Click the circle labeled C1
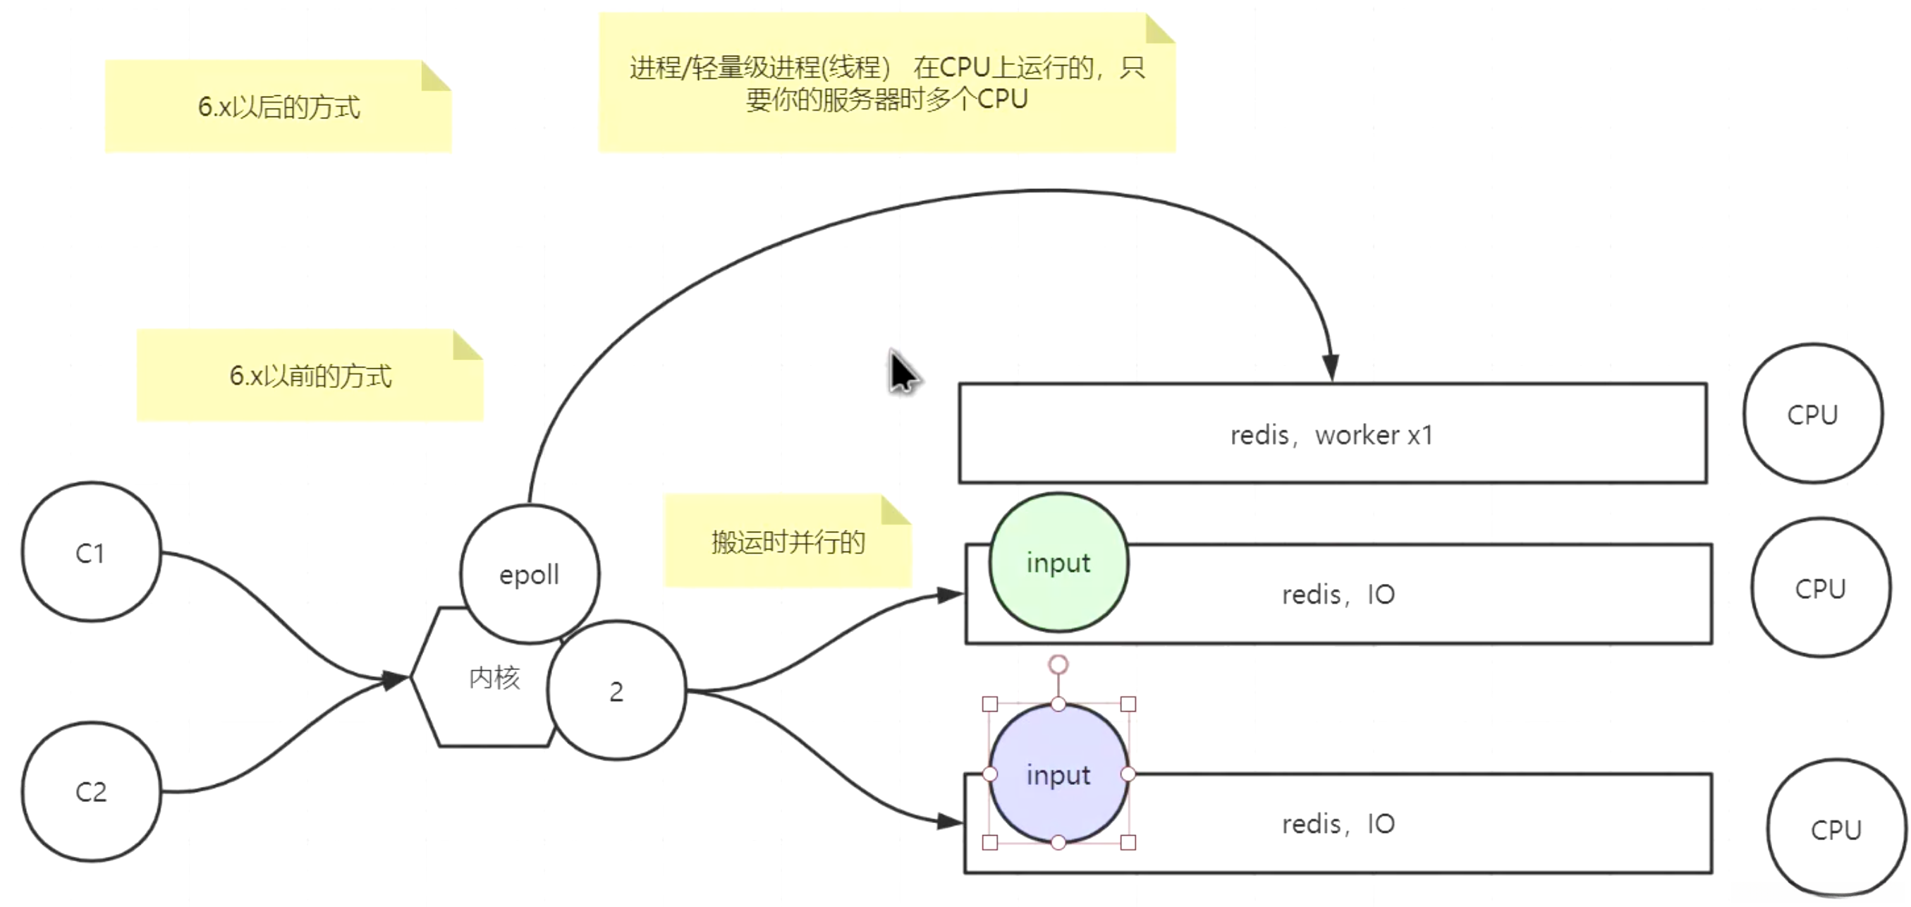[90, 552]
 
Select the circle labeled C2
[90, 791]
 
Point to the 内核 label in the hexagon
[494, 678]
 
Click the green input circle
[1058, 563]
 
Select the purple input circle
[1058, 774]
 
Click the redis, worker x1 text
[1331, 435]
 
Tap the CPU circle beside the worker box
[1812, 414]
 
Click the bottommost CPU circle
[1836, 829]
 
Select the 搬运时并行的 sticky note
[787, 542]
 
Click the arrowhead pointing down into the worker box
[1331, 367]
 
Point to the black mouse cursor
[902, 372]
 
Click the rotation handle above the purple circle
[1058, 664]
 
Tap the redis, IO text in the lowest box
[1338, 824]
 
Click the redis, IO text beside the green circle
[1338, 595]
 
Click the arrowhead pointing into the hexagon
[395, 679]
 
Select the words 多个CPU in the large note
[977, 99]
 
